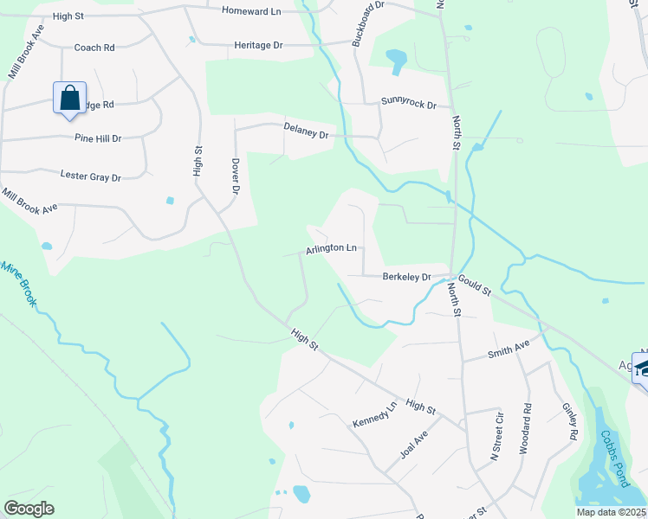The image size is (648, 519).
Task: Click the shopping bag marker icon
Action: tap(69, 97)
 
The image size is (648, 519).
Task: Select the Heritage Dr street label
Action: tap(259, 45)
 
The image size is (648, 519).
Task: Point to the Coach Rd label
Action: tap(94, 48)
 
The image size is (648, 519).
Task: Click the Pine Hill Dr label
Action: tap(98, 138)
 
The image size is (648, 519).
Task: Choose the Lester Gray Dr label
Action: tap(90, 176)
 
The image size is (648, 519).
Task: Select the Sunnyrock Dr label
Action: tap(409, 103)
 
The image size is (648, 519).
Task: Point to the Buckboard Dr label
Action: tap(366, 23)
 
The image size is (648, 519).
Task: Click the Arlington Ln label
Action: tap(331, 249)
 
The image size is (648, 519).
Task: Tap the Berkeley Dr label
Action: tap(406, 278)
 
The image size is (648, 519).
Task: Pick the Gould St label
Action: tap(475, 284)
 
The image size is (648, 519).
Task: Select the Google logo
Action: tap(29, 509)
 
